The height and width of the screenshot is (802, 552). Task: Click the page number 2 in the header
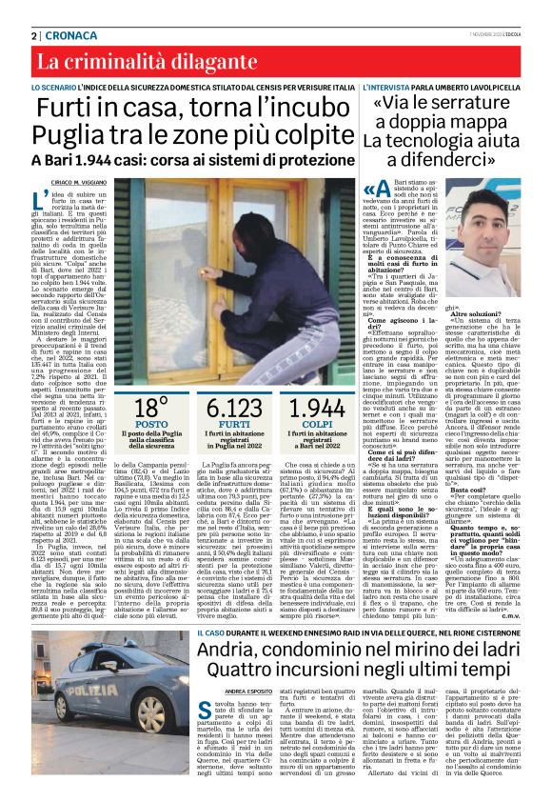[x=35, y=35]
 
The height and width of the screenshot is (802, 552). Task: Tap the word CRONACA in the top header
[x=68, y=35]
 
